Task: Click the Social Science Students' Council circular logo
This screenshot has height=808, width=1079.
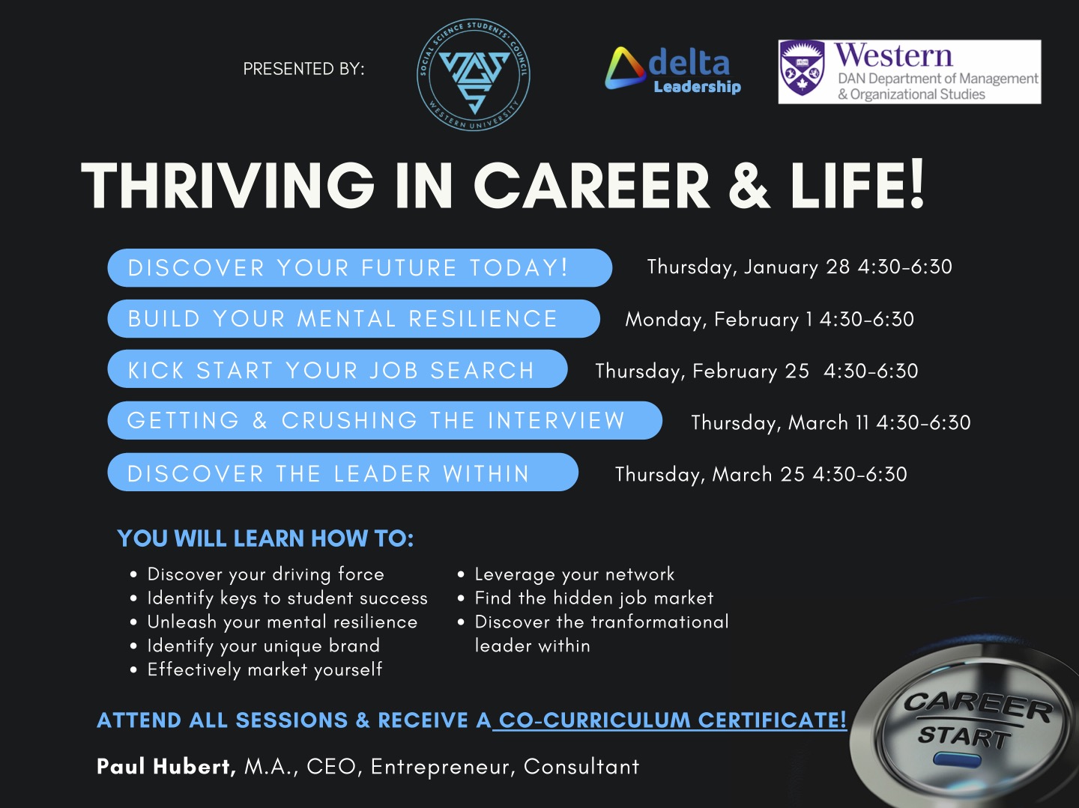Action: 473,75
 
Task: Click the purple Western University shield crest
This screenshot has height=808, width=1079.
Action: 803,67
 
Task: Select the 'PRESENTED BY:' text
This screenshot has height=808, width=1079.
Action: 303,69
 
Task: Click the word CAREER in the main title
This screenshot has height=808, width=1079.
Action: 592,186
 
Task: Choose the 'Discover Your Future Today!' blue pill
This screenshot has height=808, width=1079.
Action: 360,267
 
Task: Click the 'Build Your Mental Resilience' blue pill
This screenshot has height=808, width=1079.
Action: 354,319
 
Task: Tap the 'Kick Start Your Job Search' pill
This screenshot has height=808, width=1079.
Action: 338,369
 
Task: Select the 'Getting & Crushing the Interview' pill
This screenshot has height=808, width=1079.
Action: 385,420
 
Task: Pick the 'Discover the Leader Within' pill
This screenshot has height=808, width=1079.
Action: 343,472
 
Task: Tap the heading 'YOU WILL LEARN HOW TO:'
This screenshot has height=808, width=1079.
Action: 265,538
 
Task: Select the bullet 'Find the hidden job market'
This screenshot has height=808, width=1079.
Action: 593,598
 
